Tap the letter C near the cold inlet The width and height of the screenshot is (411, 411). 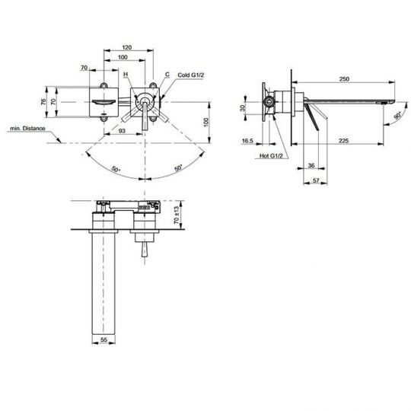coord(167,75)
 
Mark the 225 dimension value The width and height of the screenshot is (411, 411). coord(344,139)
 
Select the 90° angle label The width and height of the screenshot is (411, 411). coord(397,116)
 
